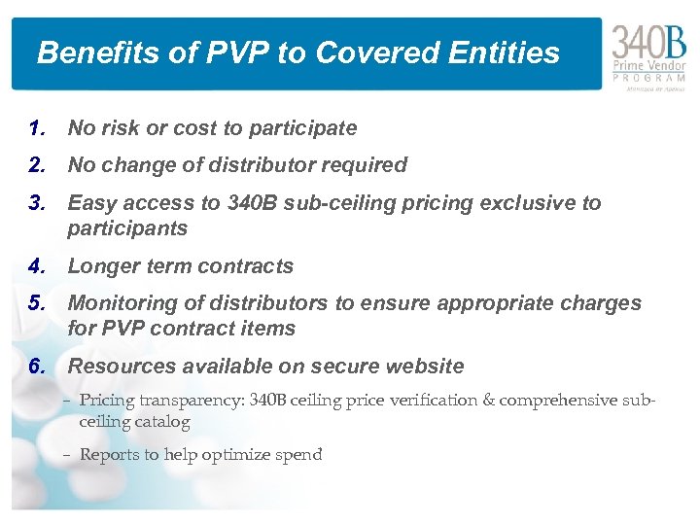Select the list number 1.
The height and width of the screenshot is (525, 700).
(x=38, y=128)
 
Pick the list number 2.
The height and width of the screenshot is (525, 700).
(x=38, y=165)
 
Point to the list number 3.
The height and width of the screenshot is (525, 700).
(x=38, y=203)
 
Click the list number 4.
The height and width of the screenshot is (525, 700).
(x=38, y=266)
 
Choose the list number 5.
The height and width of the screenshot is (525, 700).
(x=38, y=303)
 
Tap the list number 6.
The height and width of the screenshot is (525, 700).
(x=38, y=367)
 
